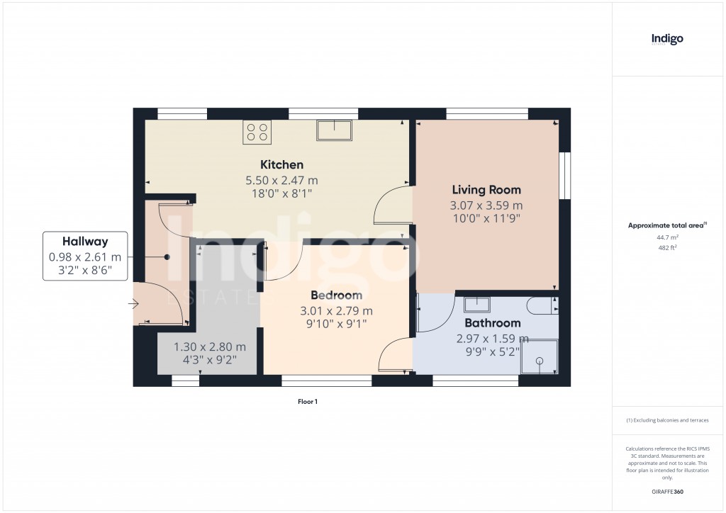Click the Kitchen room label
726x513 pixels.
[x=281, y=165]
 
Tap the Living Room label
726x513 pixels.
[x=486, y=190]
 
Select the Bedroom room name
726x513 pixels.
[x=336, y=295]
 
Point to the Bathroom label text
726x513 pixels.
[x=487, y=323]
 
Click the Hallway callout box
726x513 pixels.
[x=85, y=256]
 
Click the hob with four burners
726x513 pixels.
[x=257, y=133]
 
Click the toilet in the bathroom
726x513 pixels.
[x=543, y=305]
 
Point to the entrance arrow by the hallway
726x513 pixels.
[x=133, y=305]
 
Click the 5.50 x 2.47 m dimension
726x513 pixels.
[x=281, y=180]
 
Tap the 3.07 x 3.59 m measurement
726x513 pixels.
[x=486, y=205]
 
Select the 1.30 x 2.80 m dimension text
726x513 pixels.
[x=210, y=347]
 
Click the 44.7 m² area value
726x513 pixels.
[x=666, y=238]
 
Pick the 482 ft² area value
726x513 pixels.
[x=666, y=248]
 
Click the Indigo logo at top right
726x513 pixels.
[x=667, y=39]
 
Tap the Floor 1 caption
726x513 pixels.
[x=308, y=402]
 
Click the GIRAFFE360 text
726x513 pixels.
[x=666, y=491]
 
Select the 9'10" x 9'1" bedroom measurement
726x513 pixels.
[x=336, y=325]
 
